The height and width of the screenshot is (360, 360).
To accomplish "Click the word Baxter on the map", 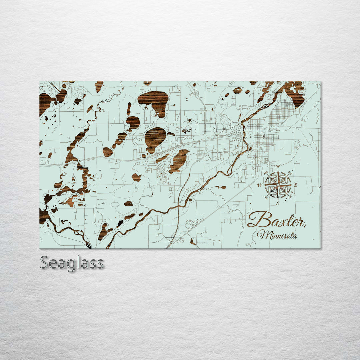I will (x=276, y=220).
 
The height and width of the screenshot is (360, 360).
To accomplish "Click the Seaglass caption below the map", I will (x=72, y=263).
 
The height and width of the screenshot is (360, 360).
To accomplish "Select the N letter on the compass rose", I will (x=278, y=166).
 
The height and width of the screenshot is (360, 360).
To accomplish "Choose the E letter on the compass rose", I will (x=296, y=185).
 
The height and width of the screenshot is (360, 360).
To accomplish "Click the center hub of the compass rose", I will (x=278, y=185).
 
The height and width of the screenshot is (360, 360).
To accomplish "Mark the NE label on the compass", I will (x=290, y=173).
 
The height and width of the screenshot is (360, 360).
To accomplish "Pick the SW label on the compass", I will (x=266, y=197).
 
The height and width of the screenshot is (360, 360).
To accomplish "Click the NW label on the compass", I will (x=266, y=173).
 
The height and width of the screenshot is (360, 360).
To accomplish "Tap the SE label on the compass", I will (x=290, y=197).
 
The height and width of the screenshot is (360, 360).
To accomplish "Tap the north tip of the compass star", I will (x=278, y=170).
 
